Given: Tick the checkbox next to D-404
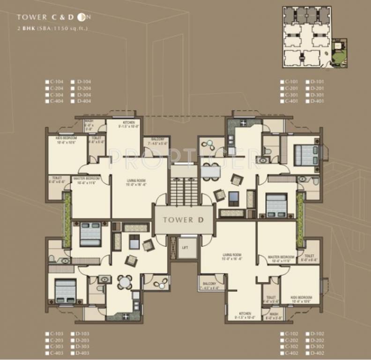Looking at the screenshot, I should [x=73, y=101].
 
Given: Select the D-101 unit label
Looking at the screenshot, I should [x=317, y=82].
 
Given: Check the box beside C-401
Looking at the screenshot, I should [x=282, y=101].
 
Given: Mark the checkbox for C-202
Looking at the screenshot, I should [x=282, y=340].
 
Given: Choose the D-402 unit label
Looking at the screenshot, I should [x=317, y=353].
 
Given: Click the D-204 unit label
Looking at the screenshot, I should [x=84, y=88].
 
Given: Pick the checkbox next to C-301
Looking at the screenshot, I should [x=282, y=94].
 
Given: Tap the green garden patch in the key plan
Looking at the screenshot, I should [x=339, y=55].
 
